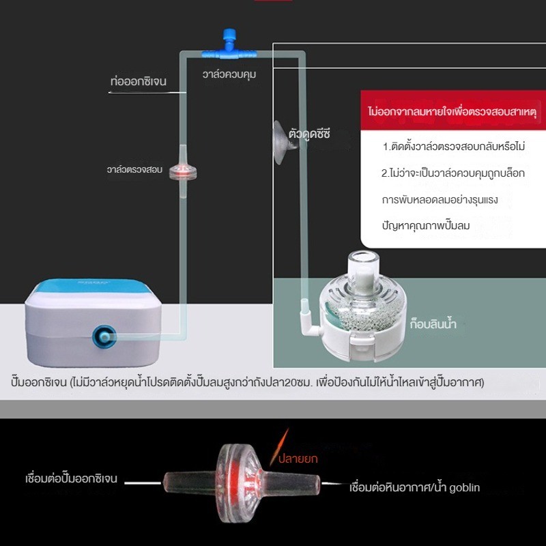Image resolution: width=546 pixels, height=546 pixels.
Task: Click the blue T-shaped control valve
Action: [x=229, y=48]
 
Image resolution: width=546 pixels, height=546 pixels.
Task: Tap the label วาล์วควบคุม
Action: [x=229, y=74]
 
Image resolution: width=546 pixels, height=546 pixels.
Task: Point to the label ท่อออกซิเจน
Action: [x=139, y=81]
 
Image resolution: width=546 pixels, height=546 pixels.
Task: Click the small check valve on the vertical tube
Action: [x=183, y=171]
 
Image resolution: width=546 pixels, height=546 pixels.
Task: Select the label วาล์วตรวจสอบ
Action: [x=134, y=169]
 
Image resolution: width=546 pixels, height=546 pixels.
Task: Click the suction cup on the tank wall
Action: [x=283, y=143]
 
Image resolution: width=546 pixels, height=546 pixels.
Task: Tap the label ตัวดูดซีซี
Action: [x=309, y=134]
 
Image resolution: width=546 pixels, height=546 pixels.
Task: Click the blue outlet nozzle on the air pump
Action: [x=104, y=336]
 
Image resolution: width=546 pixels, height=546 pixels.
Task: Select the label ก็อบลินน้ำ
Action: [x=433, y=324]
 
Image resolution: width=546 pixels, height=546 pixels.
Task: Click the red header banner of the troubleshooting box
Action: [x=453, y=111]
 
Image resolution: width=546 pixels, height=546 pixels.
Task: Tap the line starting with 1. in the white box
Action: [x=454, y=146]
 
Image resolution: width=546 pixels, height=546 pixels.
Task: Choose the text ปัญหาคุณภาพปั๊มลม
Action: [x=426, y=225]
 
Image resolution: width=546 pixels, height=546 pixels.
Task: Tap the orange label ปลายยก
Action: [x=298, y=458]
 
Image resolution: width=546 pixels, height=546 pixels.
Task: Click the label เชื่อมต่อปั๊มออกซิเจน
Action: [x=72, y=478]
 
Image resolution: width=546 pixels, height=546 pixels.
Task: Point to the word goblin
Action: [x=465, y=487]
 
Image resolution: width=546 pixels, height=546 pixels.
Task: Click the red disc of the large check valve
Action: [x=240, y=483]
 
